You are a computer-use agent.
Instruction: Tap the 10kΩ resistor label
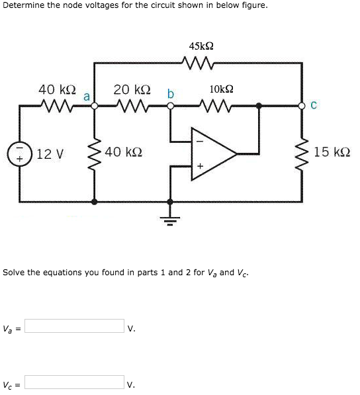(221, 89)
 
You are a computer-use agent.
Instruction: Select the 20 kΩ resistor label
(132, 89)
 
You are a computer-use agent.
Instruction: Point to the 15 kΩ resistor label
(332, 152)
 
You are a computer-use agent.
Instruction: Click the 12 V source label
(50, 154)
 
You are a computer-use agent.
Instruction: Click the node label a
(86, 96)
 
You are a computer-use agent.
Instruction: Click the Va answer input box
(74, 326)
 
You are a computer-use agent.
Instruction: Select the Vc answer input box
(74, 382)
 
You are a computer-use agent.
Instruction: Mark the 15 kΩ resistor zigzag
(303, 153)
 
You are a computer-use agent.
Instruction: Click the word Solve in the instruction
(14, 272)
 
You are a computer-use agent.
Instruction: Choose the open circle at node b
(170, 105)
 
